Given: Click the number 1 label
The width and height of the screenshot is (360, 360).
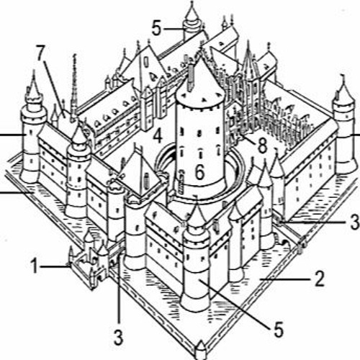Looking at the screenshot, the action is coord(35,266).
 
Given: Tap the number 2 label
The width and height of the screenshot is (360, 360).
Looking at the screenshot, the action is coord(319,279).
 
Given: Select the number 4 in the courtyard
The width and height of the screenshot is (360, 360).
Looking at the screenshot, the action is coord(158,135).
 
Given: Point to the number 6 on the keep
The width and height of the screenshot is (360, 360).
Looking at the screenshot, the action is coord(200,172).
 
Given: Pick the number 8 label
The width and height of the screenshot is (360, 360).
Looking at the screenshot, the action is coord(262,145).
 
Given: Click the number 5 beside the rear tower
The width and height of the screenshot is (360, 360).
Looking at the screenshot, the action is coord(157,29).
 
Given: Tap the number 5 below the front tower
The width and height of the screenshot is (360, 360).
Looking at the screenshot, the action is coord(279,329).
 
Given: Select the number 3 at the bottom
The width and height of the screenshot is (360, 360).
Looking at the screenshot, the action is coord(118,337).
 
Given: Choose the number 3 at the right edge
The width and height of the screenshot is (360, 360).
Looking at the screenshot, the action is coord(355,222).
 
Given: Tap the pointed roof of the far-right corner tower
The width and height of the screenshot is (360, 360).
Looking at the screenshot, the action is coord(343,89).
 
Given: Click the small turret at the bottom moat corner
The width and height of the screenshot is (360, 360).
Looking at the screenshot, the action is coord(201,350).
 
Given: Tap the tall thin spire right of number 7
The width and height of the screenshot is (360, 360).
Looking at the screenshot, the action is coord(74,86).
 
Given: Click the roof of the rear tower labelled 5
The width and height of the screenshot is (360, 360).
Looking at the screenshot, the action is coord(192,15).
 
